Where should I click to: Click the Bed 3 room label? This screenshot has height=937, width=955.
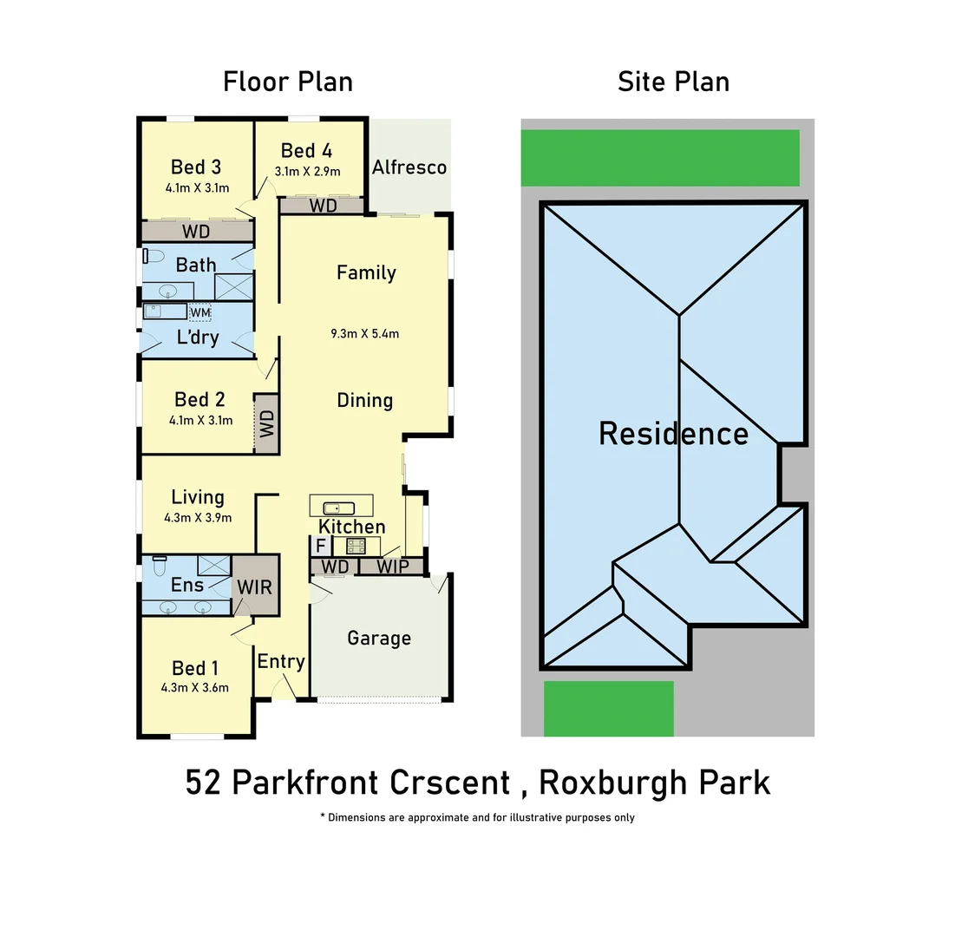point(195,167)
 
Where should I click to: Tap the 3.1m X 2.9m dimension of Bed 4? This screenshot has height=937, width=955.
point(307,172)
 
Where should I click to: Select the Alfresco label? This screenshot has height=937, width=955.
point(409,167)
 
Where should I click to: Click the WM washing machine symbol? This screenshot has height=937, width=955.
point(200,312)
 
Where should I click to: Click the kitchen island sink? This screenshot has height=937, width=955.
point(333,508)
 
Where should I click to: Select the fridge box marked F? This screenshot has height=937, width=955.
point(320,547)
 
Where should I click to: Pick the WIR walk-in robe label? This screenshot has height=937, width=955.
point(255,586)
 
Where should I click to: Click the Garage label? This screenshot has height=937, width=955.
point(379,639)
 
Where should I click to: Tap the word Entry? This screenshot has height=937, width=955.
point(281,661)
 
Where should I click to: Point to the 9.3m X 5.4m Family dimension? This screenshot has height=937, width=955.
point(365,333)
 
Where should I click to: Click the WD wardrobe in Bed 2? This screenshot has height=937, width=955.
point(266,423)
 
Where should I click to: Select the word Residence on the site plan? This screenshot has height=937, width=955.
point(673,433)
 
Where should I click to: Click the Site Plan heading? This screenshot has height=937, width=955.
point(673,82)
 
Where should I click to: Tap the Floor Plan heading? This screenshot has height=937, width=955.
point(288,82)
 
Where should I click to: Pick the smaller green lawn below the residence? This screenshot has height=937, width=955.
point(608,709)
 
